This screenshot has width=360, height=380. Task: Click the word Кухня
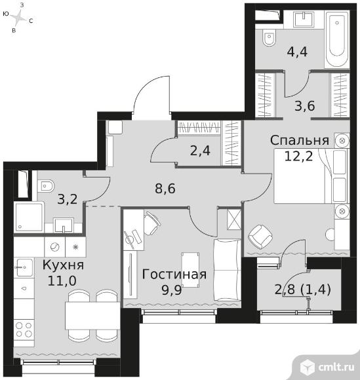click(64, 265)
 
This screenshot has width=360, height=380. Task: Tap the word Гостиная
click(174, 275)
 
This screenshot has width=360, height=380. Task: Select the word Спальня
click(300, 141)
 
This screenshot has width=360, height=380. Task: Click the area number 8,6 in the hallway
click(165, 189)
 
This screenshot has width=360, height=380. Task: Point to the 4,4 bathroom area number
click(297, 52)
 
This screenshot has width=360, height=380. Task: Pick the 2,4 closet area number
click(200, 151)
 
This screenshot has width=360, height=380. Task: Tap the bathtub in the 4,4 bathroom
click(337, 39)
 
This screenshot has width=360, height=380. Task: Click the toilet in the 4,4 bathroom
click(269, 37)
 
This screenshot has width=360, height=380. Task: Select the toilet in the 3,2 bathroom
click(46, 186)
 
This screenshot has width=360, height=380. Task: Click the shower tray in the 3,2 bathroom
click(29, 217)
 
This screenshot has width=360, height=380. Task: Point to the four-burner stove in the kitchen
click(24, 330)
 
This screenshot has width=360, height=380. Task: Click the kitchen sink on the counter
click(24, 267)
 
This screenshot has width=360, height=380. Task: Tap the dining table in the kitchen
click(92, 316)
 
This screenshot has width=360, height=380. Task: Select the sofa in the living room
click(228, 270)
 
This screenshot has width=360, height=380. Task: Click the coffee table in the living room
click(190, 270)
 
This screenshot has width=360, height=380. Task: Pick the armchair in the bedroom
click(260, 237)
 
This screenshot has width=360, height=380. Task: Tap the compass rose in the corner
click(18, 18)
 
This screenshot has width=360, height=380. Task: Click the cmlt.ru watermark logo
click(328, 368)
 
